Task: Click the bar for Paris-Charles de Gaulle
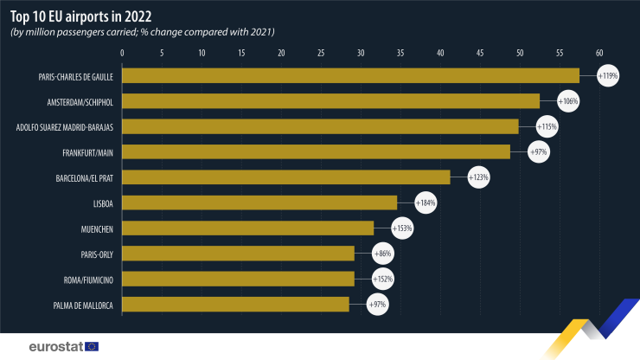click(x=350, y=76)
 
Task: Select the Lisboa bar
click(x=259, y=202)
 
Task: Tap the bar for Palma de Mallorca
click(x=235, y=304)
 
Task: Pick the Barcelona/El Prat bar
click(x=286, y=177)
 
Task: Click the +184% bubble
click(x=426, y=202)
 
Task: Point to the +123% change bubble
click(x=478, y=177)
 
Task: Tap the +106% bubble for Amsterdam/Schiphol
click(x=567, y=101)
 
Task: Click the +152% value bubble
click(x=382, y=279)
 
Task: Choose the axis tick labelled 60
click(x=598, y=53)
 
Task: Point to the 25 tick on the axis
click(x=321, y=53)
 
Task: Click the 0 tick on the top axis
click(x=122, y=53)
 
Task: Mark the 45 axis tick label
click(x=480, y=53)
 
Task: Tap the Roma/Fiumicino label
click(x=88, y=279)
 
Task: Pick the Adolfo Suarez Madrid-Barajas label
click(x=66, y=127)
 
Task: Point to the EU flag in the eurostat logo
click(x=91, y=346)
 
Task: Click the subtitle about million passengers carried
click(x=142, y=32)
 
